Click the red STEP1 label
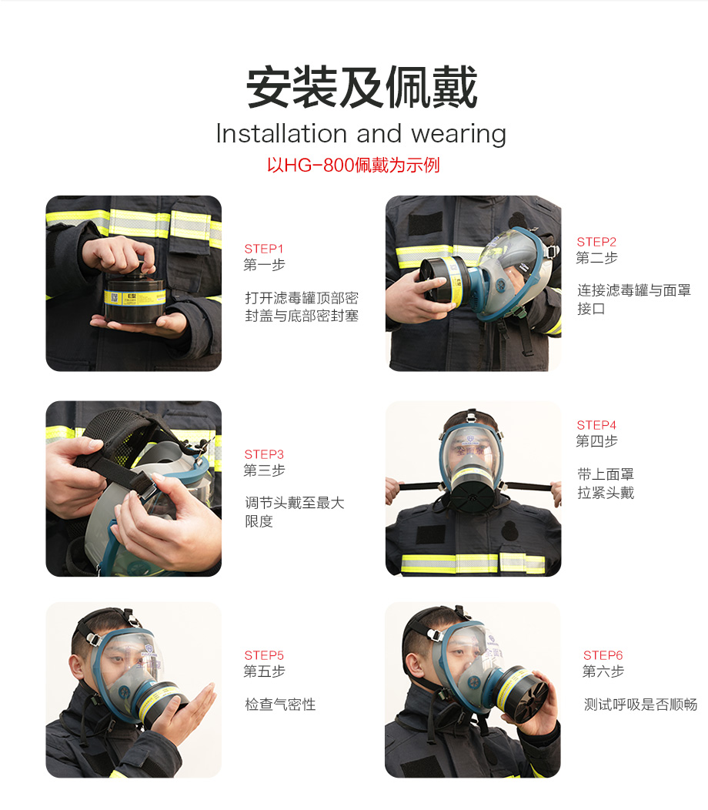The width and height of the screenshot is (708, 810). coord(264,249)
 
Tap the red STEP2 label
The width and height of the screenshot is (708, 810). coord(596,242)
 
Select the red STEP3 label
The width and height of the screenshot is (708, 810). coord(264,454)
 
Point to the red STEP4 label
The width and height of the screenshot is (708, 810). coord(596,425)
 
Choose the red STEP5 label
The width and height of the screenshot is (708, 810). coord(264,655)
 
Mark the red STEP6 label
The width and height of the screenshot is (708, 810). coord(603,655)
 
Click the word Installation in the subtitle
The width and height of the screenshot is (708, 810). coord(282,133)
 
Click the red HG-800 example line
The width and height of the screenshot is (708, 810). coord(353,166)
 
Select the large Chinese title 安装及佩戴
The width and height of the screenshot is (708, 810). coord(362,87)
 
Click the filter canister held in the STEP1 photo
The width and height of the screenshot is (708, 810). coord(134,299)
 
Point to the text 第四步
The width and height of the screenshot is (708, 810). coord(596,441)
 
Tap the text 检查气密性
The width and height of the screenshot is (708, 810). coord(280,704)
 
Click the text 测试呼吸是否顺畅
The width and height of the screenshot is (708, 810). coord(640,704)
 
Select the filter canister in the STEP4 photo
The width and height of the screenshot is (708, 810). coord(472,489)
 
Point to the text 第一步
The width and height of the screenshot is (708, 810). coord(264,265)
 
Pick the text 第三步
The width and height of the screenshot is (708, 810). coord(264,470)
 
